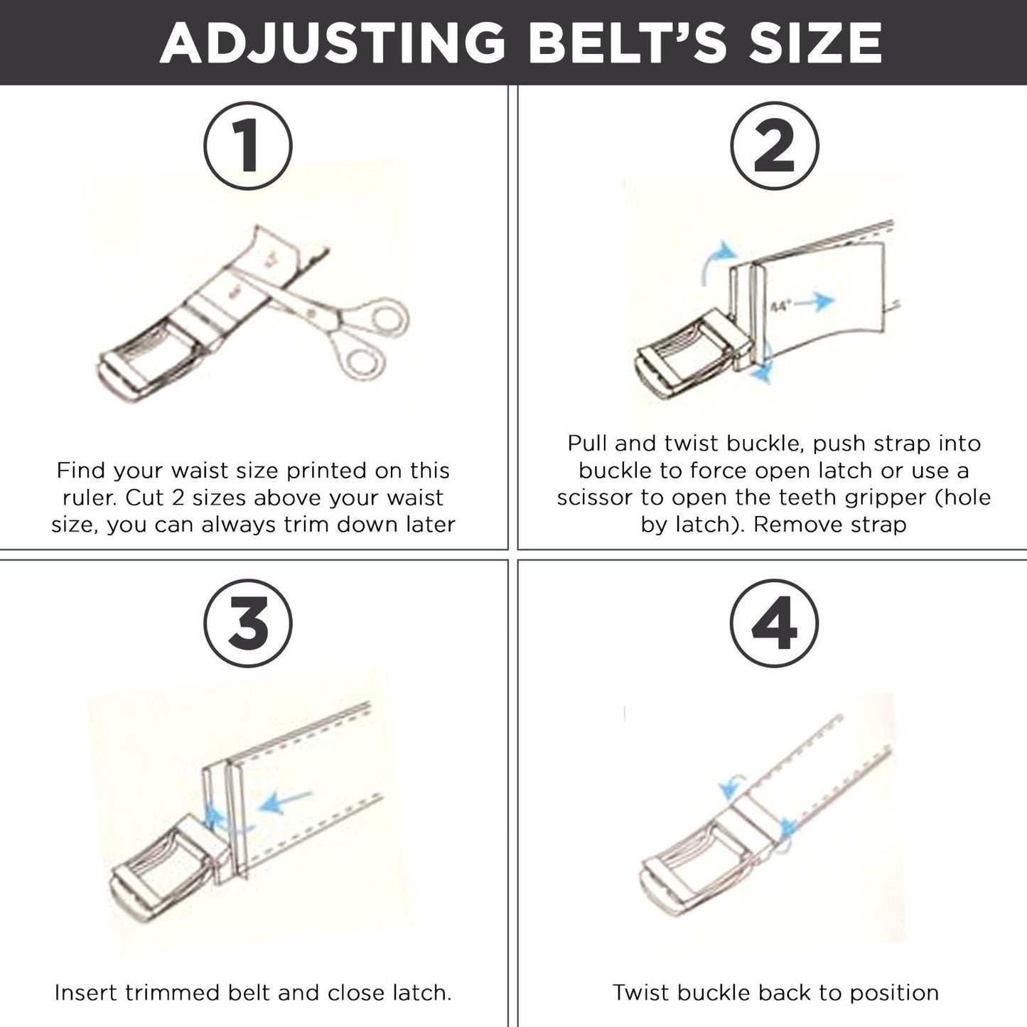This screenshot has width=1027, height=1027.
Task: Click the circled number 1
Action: coord(248,146)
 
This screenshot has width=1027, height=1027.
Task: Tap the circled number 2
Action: coord(774,146)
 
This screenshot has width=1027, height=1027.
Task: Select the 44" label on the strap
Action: coord(780,306)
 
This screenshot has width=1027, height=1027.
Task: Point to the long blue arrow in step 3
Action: coord(286,802)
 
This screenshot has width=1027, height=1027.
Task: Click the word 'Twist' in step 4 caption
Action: coord(642,992)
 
